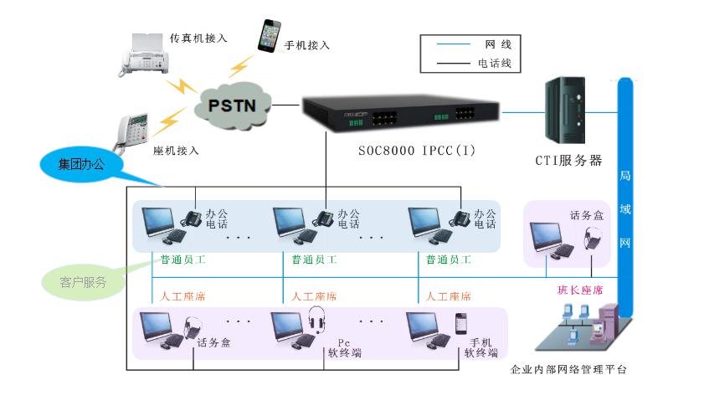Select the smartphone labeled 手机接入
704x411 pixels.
pos(268,35)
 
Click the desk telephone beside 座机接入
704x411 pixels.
pos(133,130)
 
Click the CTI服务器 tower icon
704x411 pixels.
pos(563,109)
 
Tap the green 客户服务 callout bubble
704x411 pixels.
pos(84,282)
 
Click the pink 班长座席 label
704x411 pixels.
pos(580,290)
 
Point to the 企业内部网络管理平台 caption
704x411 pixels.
pos(568,369)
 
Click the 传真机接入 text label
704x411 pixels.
pos(198,39)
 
